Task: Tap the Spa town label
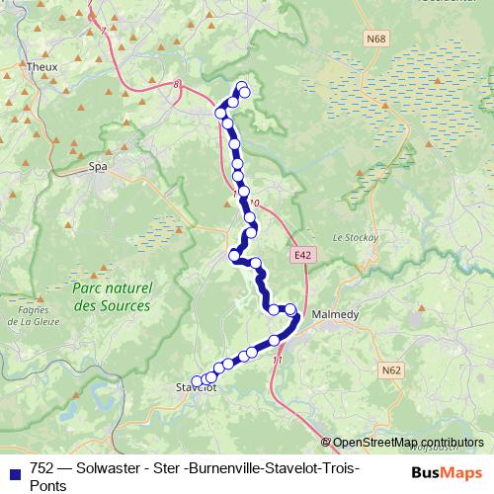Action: pos(97,168)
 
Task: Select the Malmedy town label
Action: pos(334,315)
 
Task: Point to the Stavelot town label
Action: pos(196,387)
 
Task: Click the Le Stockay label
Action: pos(351,237)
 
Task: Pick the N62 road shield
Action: pos(392,371)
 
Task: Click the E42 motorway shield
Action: pos(303,255)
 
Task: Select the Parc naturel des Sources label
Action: pos(111,296)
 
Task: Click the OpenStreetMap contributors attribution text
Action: pos(408,443)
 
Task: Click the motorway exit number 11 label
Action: pos(277,361)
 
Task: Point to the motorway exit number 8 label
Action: pos(178,85)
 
